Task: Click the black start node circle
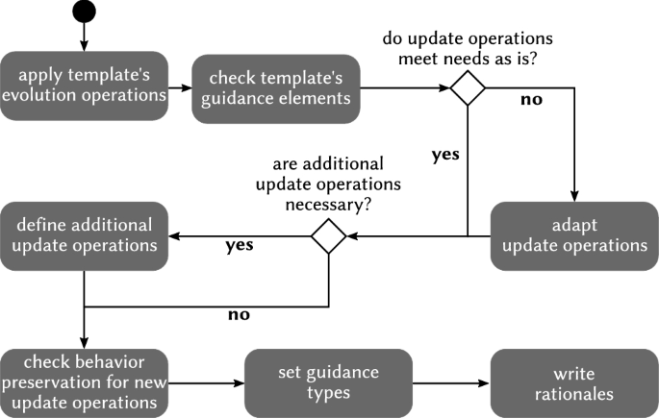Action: [x=84, y=12]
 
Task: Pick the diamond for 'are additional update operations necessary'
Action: [x=329, y=236]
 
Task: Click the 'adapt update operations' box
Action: [x=575, y=236]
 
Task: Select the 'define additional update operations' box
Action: [x=84, y=236]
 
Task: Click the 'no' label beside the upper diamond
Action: [x=531, y=100]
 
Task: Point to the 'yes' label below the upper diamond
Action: [x=445, y=155]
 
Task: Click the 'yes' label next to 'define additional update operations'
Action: [x=239, y=246]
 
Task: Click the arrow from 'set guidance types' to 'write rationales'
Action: [x=452, y=383]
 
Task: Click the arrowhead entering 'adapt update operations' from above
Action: [x=575, y=195]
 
